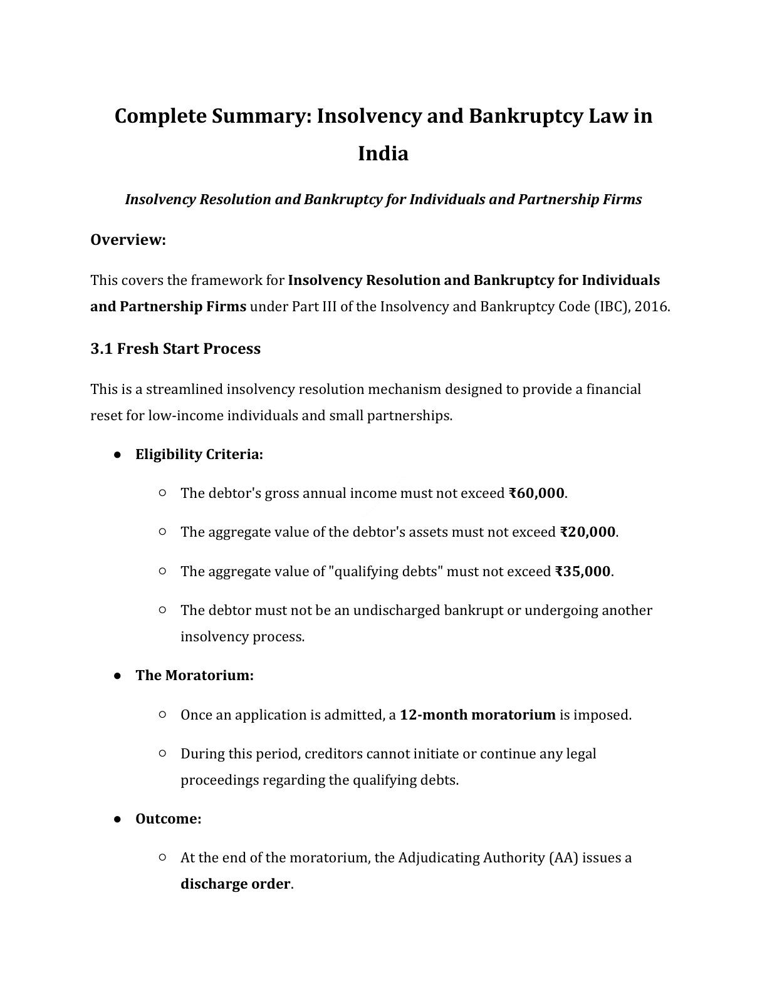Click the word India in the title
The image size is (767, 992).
pyautogui.click(x=383, y=153)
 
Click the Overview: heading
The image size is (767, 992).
pyautogui.click(x=128, y=240)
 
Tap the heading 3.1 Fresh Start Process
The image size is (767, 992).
pyautogui.click(x=175, y=349)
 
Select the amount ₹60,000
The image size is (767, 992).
pyautogui.click(x=536, y=493)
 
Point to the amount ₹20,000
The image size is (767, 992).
pyautogui.click(x=587, y=532)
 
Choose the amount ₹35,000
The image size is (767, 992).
pyautogui.click(x=582, y=572)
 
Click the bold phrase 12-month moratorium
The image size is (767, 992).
pyautogui.click(x=477, y=715)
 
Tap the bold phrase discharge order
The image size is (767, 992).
pyautogui.click(x=235, y=884)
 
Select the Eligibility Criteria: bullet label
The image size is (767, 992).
pyautogui.click(x=199, y=455)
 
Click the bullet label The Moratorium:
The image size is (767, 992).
pyautogui.click(x=194, y=676)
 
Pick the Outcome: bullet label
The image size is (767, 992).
pyautogui.click(x=168, y=819)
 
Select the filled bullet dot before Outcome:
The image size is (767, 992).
pyautogui.click(x=117, y=819)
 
